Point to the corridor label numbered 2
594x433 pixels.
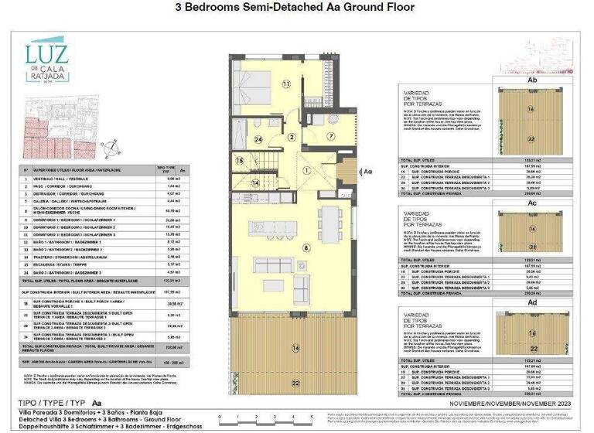(x=292, y=136)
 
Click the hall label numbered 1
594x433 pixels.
(x=306, y=170)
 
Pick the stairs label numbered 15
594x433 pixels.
(x=241, y=161)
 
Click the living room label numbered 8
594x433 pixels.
(x=306, y=247)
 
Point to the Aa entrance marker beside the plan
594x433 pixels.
(x=367, y=172)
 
